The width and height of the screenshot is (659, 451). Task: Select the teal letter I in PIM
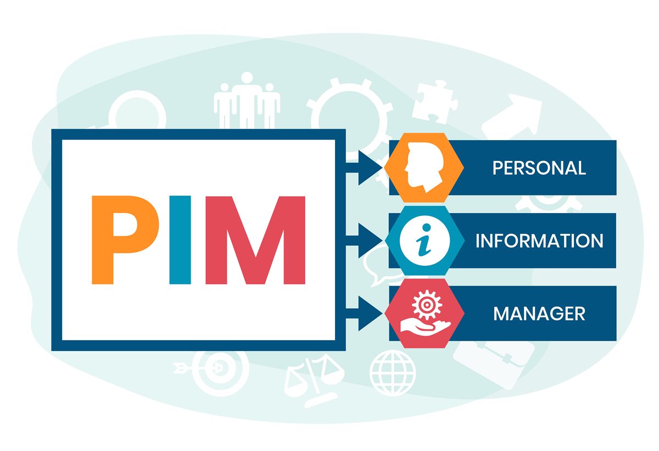(180, 240)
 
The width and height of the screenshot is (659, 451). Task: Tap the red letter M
(255, 240)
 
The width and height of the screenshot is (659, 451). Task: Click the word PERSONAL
(539, 168)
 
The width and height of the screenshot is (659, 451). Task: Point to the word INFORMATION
(539, 241)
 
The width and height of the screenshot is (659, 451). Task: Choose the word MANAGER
(539, 314)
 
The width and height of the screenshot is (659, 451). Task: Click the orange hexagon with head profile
(424, 168)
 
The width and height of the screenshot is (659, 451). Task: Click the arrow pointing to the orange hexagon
(364, 168)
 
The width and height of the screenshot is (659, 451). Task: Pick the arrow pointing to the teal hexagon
(364, 241)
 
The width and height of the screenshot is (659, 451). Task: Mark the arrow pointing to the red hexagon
(364, 313)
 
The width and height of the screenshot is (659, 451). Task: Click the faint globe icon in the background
(393, 373)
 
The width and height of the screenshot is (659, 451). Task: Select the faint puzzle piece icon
(435, 102)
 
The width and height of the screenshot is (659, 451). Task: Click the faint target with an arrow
(213, 371)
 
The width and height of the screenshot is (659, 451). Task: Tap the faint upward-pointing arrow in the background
(512, 116)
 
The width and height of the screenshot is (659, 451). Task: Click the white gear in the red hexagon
(427, 305)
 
